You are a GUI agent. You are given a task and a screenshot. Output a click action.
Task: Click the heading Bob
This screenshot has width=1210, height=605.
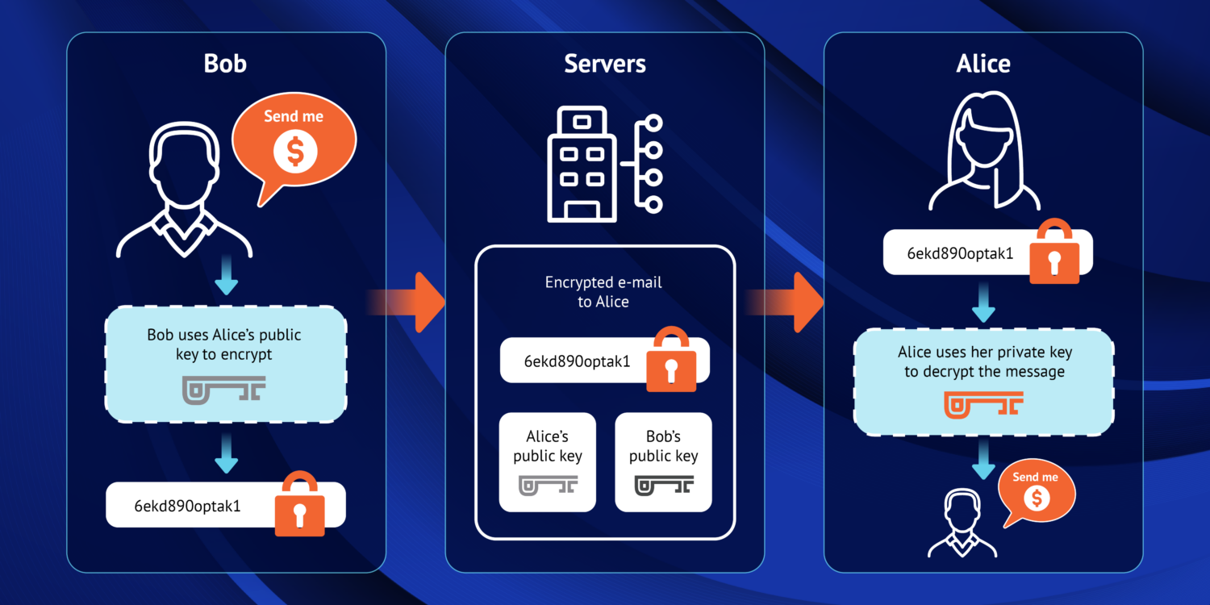pyautogui.click(x=225, y=64)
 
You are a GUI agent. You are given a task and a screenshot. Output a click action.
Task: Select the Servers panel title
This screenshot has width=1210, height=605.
pyautogui.click(x=604, y=64)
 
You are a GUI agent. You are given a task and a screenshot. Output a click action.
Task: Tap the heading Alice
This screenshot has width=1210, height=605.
pyautogui.click(x=983, y=64)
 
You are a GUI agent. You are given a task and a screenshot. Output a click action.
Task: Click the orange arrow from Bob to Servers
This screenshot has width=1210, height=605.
pyautogui.click(x=419, y=302)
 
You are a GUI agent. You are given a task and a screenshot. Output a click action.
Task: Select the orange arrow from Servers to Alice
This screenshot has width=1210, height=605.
pyautogui.click(x=799, y=302)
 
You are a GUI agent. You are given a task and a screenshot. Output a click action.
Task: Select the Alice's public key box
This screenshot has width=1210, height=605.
pyautogui.click(x=548, y=462)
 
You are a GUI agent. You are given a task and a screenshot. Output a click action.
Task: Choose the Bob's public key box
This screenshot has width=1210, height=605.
pyautogui.click(x=663, y=462)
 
